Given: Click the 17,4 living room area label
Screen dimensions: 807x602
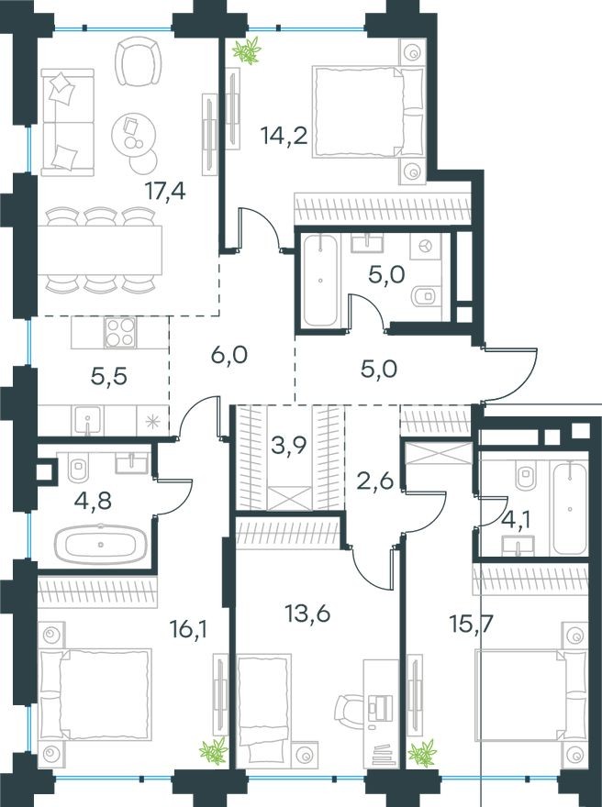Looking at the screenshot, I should (166, 191).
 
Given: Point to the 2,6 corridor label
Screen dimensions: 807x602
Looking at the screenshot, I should (373, 480).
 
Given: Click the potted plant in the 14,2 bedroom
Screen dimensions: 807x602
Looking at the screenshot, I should (246, 51).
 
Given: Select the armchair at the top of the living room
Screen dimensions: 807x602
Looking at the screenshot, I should (138, 61).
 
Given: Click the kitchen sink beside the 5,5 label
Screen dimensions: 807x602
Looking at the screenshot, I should (90, 421).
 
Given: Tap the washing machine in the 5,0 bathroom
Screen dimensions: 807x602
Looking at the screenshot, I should (426, 248).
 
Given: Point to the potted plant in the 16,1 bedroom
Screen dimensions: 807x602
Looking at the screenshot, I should (214, 750).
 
